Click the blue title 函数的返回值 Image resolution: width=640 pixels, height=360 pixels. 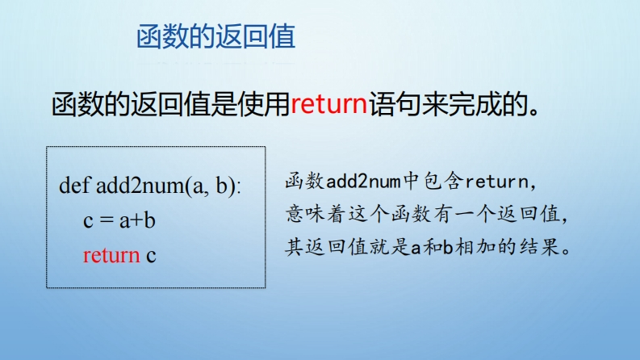tap(215, 37)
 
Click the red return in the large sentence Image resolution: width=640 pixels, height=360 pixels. tap(329, 104)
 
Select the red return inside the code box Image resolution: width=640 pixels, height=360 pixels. tap(111, 256)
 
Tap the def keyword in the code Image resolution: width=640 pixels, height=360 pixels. tap(74, 186)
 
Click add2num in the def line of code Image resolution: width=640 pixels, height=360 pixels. tap(140, 186)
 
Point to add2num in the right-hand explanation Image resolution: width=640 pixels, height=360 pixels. tap(363, 182)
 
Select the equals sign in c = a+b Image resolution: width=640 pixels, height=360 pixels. tap(106, 220)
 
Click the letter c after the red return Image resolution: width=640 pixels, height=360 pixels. tap(151, 256)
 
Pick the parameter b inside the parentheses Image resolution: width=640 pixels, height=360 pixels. tap(222, 186)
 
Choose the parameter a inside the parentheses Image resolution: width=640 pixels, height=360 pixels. tap(198, 188)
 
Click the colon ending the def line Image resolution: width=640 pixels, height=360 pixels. tap(238, 189)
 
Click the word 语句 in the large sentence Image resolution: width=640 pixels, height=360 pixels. tap(395, 104)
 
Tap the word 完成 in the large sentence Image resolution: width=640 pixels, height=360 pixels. tap(474, 104)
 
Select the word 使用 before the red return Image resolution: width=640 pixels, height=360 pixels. tap(264, 104)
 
